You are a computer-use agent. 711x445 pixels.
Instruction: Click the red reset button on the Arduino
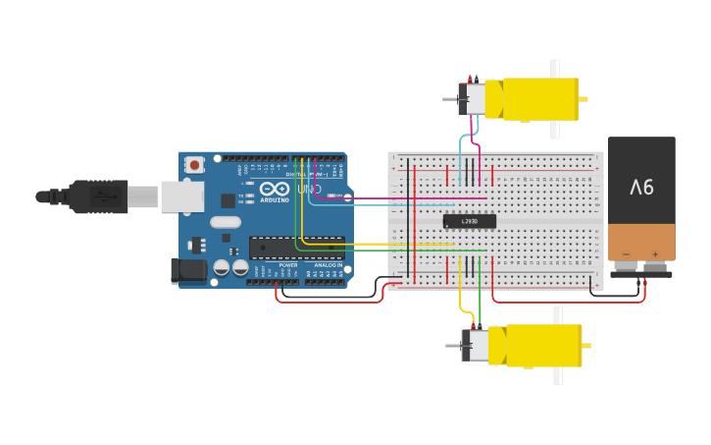pos(194,165)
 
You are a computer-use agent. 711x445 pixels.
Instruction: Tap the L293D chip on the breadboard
pos(469,220)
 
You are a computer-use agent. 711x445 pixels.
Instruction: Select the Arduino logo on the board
pos(275,189)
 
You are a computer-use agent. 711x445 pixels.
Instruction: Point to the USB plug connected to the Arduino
pos(98,196)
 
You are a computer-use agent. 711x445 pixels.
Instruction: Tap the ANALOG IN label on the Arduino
pos(328,265)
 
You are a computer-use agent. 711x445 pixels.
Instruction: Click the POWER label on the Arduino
pos(288,265)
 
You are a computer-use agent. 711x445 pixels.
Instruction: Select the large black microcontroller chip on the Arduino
pos(296,248)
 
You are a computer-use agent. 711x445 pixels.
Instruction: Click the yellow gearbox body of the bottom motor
pos(541,346)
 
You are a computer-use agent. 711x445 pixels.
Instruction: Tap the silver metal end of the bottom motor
pos(476,346)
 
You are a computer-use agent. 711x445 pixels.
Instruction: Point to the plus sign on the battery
pos(655,254)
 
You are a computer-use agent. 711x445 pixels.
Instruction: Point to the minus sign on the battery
pos(626,254)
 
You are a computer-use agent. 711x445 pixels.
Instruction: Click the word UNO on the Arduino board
pos(309,189)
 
